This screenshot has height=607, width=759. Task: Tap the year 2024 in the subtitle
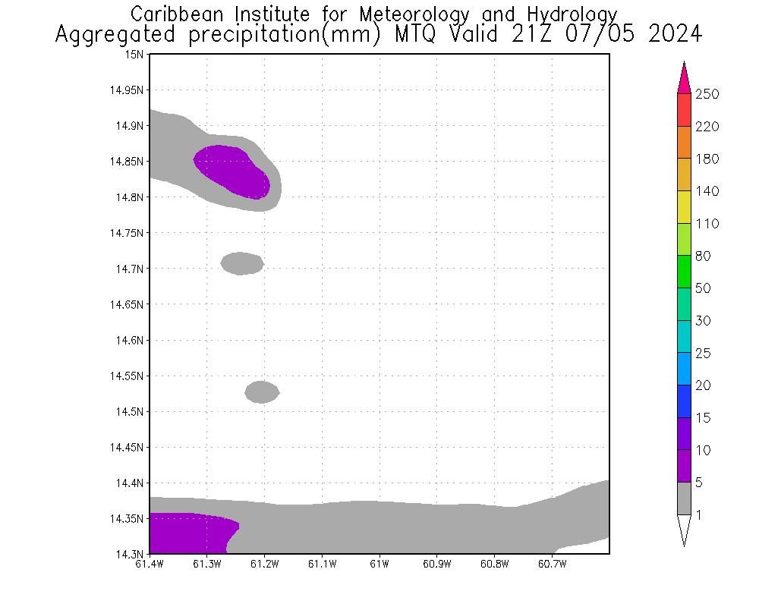[x=676, y=35]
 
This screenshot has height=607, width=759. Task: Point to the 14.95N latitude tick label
[x=127, y=90]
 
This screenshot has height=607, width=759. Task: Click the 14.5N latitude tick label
[x=130, y=412]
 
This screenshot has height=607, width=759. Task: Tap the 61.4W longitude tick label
[x=150, y=564]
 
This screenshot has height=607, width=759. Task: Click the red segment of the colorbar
[x=684, y=110]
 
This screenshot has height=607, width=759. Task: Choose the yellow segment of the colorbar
[x=684, y=207]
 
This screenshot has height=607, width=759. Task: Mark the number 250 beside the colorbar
[x=707, y=94]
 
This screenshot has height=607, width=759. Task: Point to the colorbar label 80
[x=703, y=256]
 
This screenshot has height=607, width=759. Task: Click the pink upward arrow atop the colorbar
[x=684, y=78]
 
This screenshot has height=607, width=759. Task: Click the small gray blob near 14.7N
[x=242, y=263]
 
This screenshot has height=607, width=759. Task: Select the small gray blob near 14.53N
[x=262, y=392]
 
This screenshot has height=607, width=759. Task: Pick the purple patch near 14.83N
[x=231, y=171]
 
